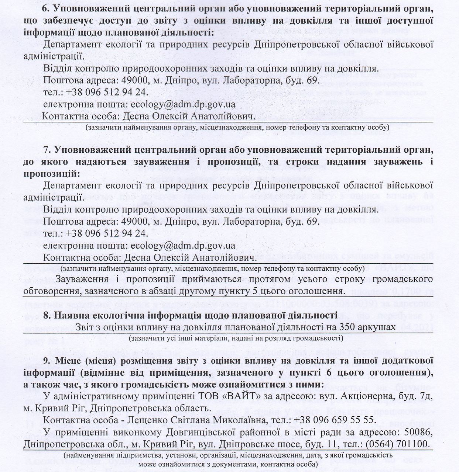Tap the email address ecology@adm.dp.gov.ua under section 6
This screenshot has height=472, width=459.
[x=183, y=104]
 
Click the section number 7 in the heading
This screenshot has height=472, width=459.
[x=46, y=150]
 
